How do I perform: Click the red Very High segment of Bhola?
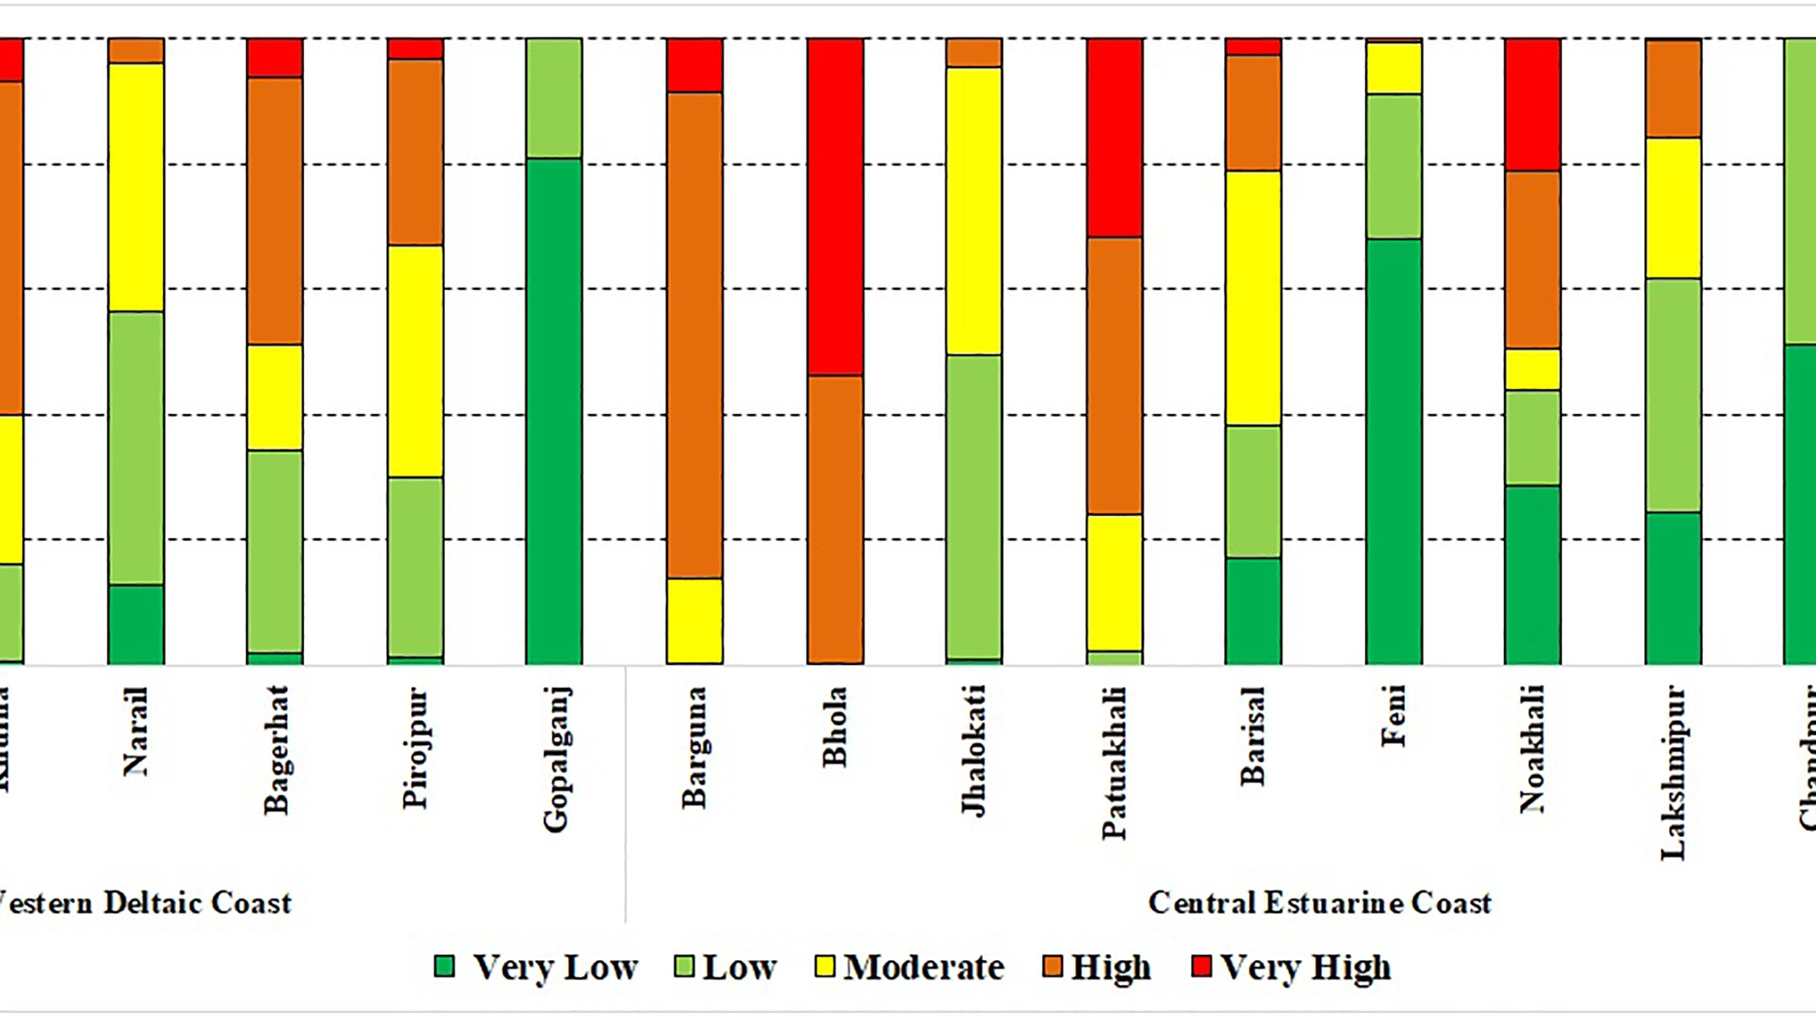point(835,206)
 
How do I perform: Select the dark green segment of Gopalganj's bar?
point(553,411)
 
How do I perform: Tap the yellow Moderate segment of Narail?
point(136,187)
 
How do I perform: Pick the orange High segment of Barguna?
point(694,335)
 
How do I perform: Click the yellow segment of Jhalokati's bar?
point(974,211)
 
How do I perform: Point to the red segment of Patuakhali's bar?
point(1114,138)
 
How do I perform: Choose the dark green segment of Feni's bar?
point(1394,451)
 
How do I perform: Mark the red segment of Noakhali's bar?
point(1532,105)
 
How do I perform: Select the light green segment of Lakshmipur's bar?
point(1673,395)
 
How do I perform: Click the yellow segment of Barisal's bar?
point(1253,298)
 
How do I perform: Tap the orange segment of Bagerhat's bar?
point(275,211)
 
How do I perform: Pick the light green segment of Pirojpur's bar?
point(415,567)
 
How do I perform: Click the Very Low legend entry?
point(536,967)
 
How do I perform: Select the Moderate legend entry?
point(909,967)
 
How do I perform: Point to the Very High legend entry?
point(1291,967)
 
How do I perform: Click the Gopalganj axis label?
point(555,759)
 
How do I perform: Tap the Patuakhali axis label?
point(1114,763)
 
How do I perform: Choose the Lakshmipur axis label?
point(1673,773)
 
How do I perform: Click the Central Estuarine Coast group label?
point(1319,903)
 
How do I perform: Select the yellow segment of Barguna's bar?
point(694,621)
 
